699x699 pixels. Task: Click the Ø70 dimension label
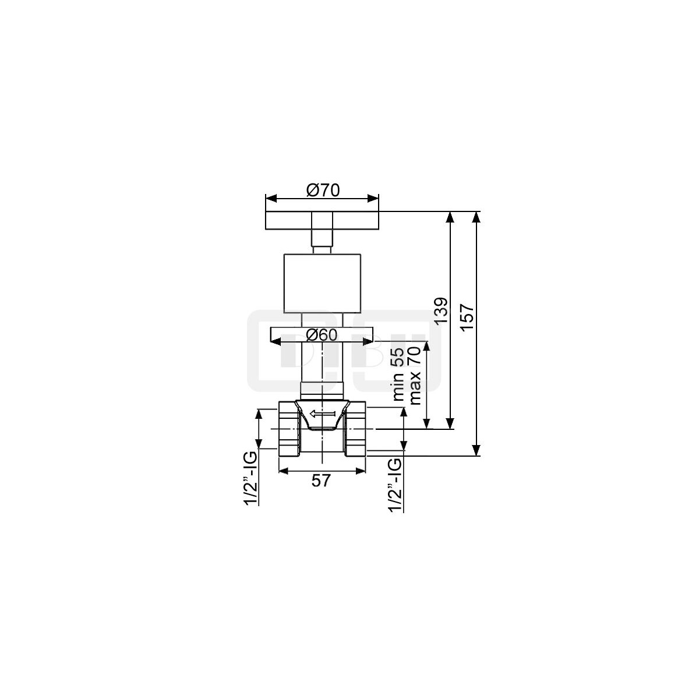coord(323,190)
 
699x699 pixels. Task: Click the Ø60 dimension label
coord(322,334)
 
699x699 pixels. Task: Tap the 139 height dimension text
coord(442,311)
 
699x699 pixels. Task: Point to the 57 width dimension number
coord(321,481)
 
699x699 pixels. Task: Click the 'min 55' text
coord(398,374)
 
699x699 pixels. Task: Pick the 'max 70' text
coord(414,375)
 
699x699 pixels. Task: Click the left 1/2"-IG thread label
coord(251,478)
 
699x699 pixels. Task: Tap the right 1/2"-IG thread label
coord(396,485)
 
